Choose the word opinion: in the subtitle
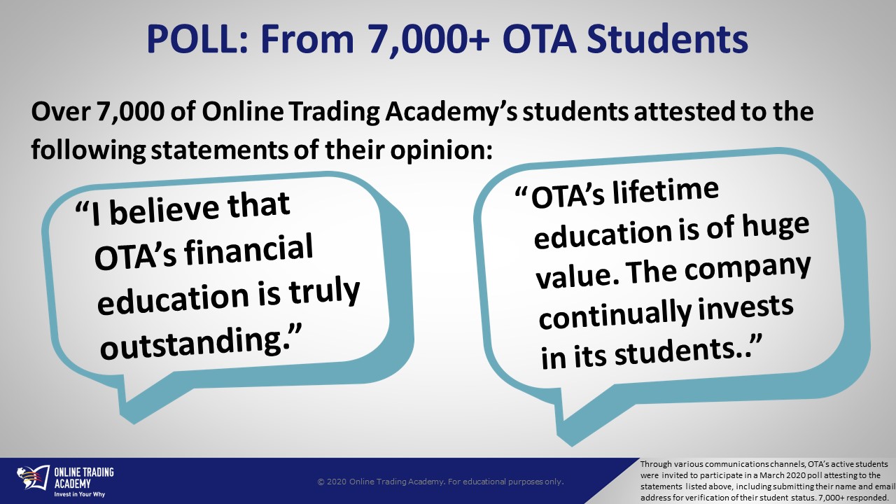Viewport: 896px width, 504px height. click(x=441, y=150)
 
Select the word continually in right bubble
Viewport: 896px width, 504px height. click(x=613, y=315)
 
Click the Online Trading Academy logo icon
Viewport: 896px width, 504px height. click(x=33, y=478)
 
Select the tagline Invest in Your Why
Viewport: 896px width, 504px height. click(x=80, y=494)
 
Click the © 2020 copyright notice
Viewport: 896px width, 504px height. click(x=440, y=482)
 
